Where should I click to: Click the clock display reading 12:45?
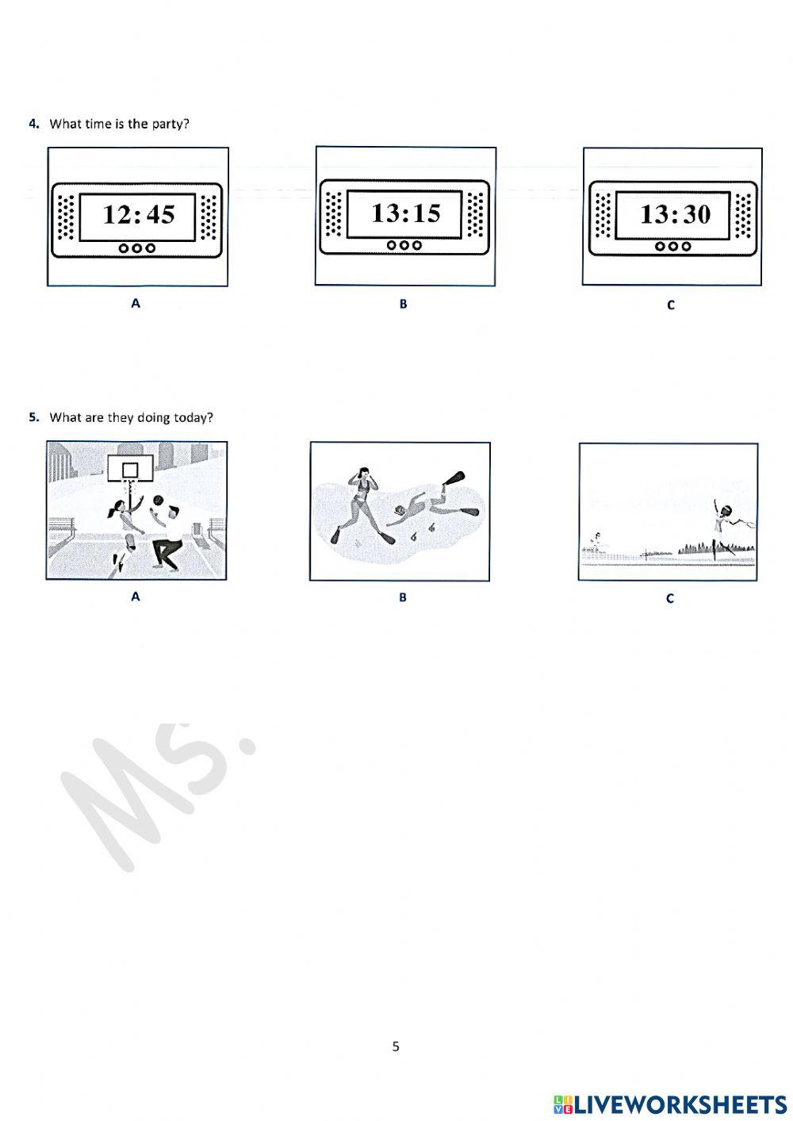(139, 215)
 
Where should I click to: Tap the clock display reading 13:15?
(405, 213)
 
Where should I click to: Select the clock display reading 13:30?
(675, 214)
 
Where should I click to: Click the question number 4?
(34, 124)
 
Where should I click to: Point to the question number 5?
(34, 417)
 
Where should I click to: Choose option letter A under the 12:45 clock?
(136, 303)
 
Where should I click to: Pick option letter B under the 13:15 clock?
(403, 304)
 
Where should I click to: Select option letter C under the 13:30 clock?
(671, 305)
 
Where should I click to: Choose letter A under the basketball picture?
(135, 597)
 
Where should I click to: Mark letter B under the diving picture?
(403, 597)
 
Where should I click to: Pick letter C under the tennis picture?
(670, 599)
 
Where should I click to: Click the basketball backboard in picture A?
(130, 470)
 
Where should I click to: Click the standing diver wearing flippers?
(363, 504)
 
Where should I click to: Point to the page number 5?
(396, 1046)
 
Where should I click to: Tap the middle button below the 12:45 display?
(138, 248)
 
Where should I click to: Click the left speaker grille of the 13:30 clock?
(604, 215)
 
